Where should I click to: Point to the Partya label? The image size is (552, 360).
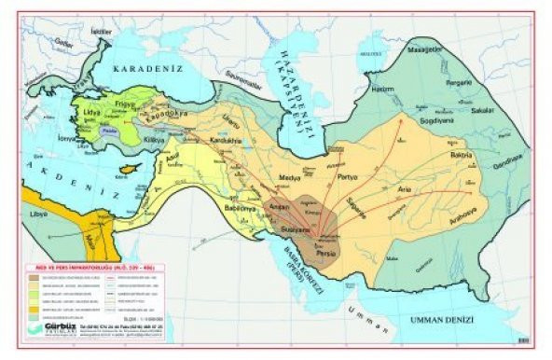pos(347,176)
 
